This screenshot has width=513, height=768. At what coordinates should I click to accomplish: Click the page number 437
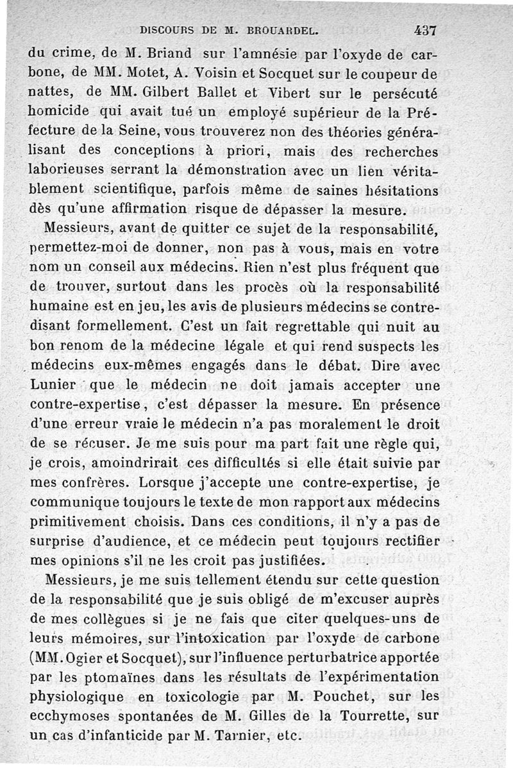pos(425,29)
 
